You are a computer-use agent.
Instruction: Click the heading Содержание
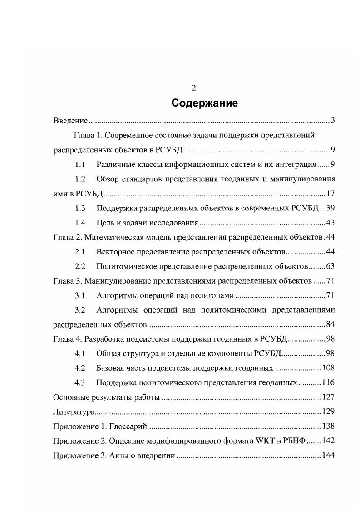pos(204,103)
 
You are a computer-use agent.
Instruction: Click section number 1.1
pos(80,164)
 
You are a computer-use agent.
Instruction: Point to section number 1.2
pos(80,179)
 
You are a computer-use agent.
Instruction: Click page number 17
pos(330,194)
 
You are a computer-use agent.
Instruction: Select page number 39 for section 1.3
pos(330,208)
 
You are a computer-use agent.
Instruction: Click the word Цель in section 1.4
pos(105,223)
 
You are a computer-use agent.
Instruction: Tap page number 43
pos(330,223)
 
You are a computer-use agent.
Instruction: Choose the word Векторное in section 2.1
pos(116,252)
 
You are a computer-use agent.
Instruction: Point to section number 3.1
pos(80,296)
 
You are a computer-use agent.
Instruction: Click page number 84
pos(330,325)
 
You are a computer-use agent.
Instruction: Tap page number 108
pos(328,368)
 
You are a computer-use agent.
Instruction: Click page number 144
pos(328,455)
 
